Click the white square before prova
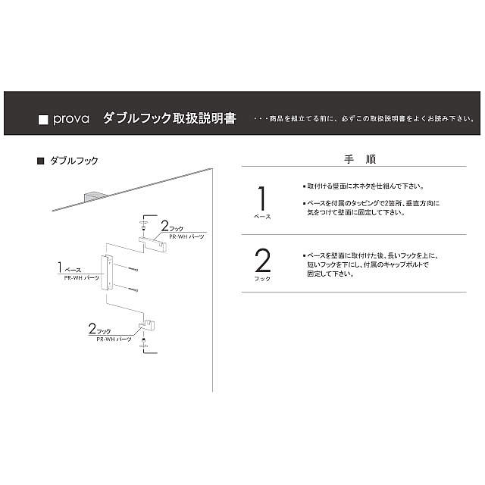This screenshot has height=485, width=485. [x=43, y=120]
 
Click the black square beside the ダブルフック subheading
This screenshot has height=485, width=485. [x=40, y=161]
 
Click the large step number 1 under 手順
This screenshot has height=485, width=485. [x=261, y=199]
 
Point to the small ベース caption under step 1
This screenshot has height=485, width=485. [x=261, y=217]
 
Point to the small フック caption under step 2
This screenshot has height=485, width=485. [x=262, y=279]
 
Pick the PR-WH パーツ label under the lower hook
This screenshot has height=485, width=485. [x=115, y=339]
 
